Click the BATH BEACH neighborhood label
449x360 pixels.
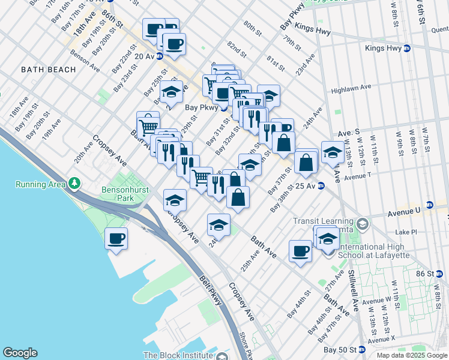(x=49, y=70)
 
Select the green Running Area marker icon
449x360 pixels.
(x=74, y=182)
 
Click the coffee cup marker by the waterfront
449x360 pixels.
(x=116, y=239)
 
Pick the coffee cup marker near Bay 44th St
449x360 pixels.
(x=300, y=251)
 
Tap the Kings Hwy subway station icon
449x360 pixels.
(x=407, y=49)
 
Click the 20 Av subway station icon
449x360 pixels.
(x=160, y=56)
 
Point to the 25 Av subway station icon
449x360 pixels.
(x=321, y=186)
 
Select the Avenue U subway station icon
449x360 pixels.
(x=430, y=205)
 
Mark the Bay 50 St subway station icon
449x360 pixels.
(x=362, y=349)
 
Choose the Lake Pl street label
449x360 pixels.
(x=406, y=232)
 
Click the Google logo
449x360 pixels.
(x=20, y=353)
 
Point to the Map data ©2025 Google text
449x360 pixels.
(x=412, y=355)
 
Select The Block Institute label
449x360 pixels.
(x=178, y=355)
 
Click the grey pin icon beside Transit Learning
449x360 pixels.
(x=362, y=224)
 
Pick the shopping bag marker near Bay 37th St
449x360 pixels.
(x=306, y=163)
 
